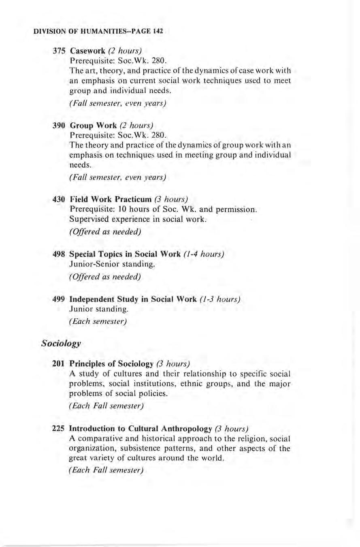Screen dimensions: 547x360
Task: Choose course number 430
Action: click(59, 199)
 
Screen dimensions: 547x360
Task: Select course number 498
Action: click(59, 254)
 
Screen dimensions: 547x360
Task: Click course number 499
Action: click(59, 300)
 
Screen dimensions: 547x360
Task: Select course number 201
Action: click(59, 364)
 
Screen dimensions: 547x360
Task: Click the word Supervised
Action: click(87, 220)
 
